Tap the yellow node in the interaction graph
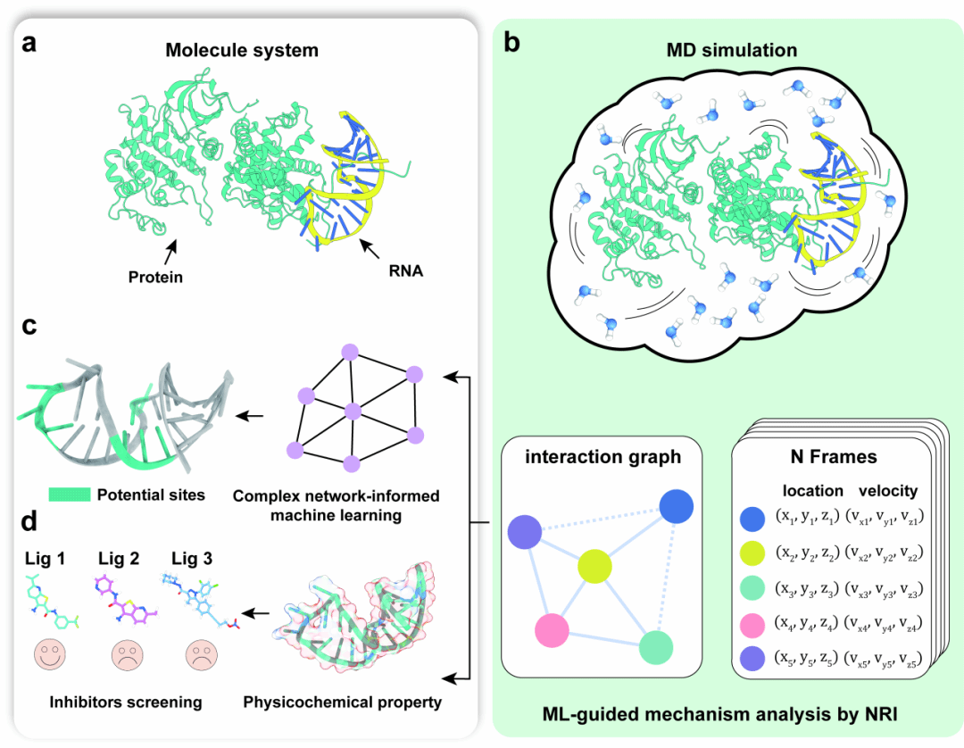coord(594,566)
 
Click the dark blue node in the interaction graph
coord(676,507)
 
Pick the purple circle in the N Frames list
coord(754,660)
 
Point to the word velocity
coord(887,490)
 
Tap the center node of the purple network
coord(352,410)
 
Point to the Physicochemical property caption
coord(343,702)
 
